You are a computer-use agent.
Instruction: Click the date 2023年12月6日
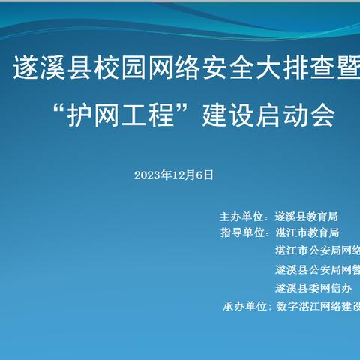coord(174,175)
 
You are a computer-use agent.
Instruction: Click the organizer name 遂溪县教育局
coord(307,215)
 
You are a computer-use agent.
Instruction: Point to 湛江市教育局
coord(307,233)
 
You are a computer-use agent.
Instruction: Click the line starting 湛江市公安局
coord(316,251)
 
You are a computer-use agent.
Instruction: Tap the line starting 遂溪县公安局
coord(316,269)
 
